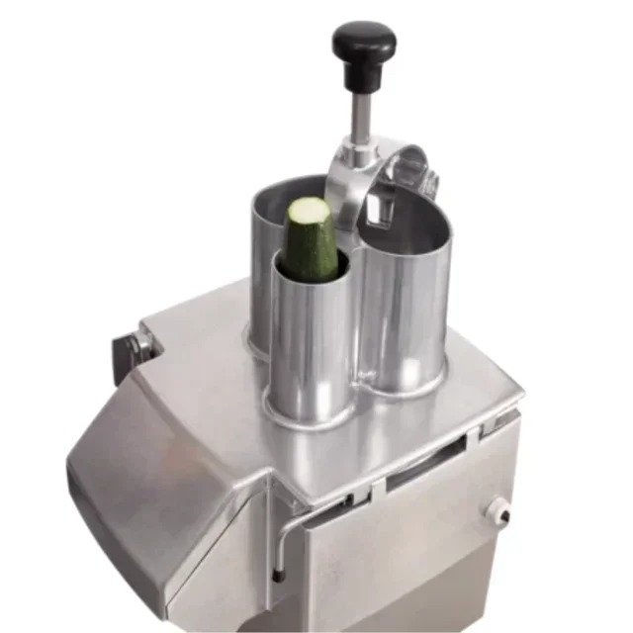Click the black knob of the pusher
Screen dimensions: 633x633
coord(363,45)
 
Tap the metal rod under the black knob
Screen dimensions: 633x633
coord(362,109)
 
